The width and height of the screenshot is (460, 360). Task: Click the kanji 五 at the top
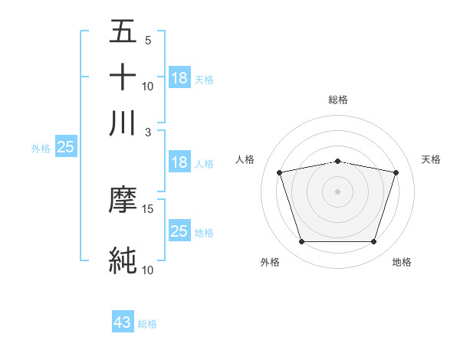click(x=123, y=32)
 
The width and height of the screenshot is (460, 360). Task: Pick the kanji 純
click(x=123, y=260)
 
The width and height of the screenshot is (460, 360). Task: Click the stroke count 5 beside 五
click(x=147, y=41)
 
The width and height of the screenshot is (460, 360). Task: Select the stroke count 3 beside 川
click(x=147, y=132)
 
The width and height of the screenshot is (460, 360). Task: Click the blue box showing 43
click(x=123, y=322)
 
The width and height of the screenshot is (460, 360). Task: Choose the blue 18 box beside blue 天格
click(x=179, y=77)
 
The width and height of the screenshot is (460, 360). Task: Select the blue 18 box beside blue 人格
click(x=179, y=162)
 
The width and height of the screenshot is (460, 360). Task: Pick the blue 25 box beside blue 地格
click(x=179, y=231)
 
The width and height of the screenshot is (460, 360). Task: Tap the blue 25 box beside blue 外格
click(x=65, y=147)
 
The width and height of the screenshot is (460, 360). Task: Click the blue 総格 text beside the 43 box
click(x=147, y=324)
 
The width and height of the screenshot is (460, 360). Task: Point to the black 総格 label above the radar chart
click(x=338, y=100)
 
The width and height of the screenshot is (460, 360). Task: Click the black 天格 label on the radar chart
click(x=431, y=159)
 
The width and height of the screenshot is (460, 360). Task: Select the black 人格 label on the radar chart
click(x=245, y=159)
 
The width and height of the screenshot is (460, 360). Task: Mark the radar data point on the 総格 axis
click(x=338, y=161)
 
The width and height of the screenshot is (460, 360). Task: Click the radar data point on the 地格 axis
click(x=373, y=242)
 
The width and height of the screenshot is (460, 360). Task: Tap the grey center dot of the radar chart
click(x=338, y=191)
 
